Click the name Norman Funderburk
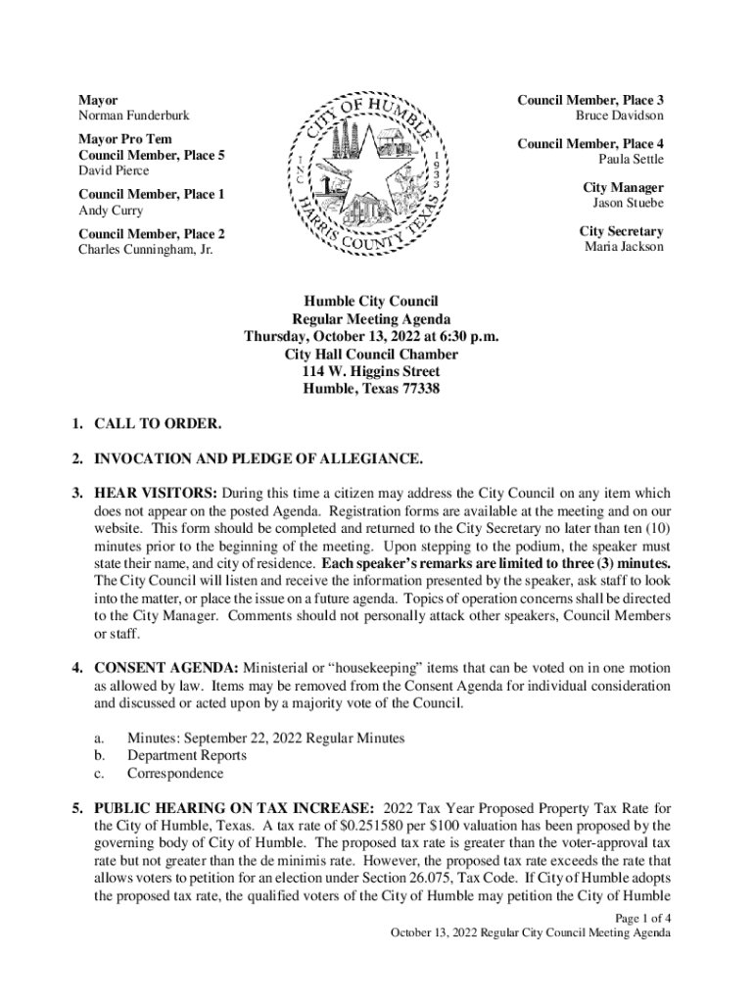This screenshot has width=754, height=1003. (x=133, y=117)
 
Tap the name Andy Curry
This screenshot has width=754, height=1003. (x=111, y=211)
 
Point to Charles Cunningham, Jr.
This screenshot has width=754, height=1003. (x=145, y=250)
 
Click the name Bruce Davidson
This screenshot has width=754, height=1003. (x=619, y=116)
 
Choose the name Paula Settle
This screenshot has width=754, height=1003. (x=631, y=159)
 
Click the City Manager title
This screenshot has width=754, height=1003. (x=623, y=187)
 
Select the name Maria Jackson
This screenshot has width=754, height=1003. (x=624, y=247)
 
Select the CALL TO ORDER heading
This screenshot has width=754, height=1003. (x=157, y=424)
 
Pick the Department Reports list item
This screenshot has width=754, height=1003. (x=186, y=755)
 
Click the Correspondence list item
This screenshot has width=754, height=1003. (x=174, y=773)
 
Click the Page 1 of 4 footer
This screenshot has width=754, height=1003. (x=642, y=918)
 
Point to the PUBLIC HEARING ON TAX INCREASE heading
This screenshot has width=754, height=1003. (x=233, y=808)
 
